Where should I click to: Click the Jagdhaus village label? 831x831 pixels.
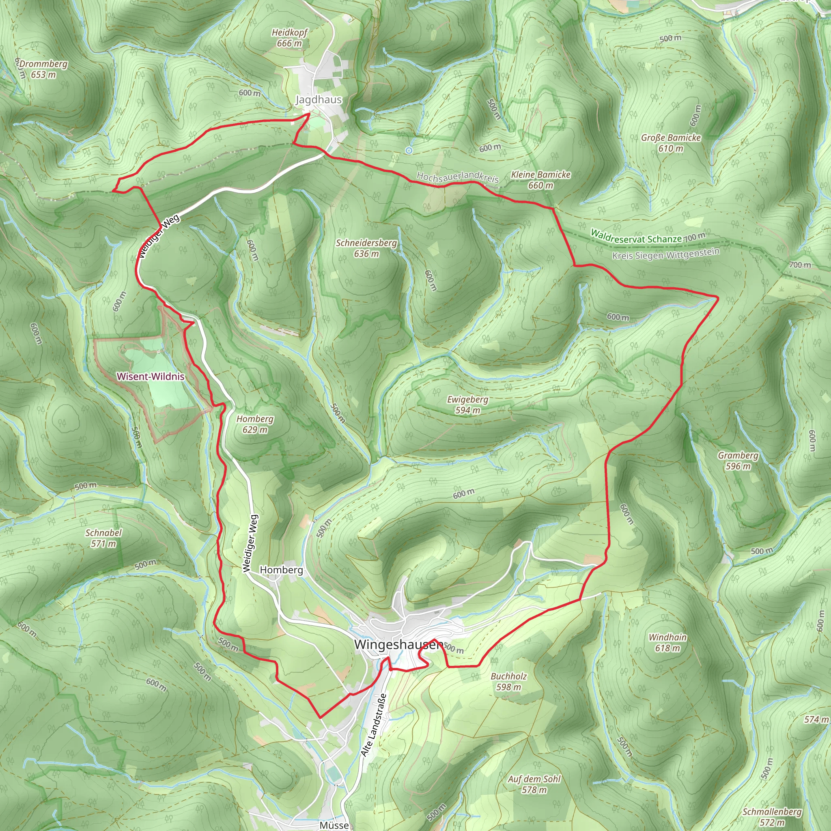pyautogui.click(x=318, y=100)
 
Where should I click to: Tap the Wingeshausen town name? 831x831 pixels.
pyautogui.click(x=398, y=644)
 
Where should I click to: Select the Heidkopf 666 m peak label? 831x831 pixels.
pyautogui.click(x=289, y=38)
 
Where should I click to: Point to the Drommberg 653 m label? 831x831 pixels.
pyautogui.click(x=43, y=69)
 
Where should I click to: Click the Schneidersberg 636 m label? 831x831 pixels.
pyautogui.click(x=366, y=248)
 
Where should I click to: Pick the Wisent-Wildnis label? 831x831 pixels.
pyautogui.click(x=151, y=377)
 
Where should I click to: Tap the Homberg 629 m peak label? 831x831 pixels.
pyautogui.click(x=255, y=424)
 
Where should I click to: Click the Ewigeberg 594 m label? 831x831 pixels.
pyautogui.click(x=467, y=405)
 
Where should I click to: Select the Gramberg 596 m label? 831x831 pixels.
pyautogui.click(x=738, y=461)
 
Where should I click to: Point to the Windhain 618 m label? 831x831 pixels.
pyautogui.click(x=667, y=643)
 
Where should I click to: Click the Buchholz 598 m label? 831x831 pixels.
pyautogui.click(x=508, y=682)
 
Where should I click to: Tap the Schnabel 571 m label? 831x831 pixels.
pyautogui.click(x=103, y=538)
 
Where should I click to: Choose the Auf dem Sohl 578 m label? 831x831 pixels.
pyautogui.click(x=534, y=784)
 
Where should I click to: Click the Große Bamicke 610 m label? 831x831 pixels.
pyautogui.click(x=671, y=143)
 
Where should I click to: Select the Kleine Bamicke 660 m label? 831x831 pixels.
pyautogui.click(x=540, y=180)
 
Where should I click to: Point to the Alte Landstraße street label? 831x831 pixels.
pyautogui.click(x=374, y=725)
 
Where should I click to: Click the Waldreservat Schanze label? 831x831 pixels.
pyautogui.click(x=636, y=237)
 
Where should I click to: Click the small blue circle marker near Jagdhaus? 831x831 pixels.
pyautogui.click(x=409, y=150)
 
